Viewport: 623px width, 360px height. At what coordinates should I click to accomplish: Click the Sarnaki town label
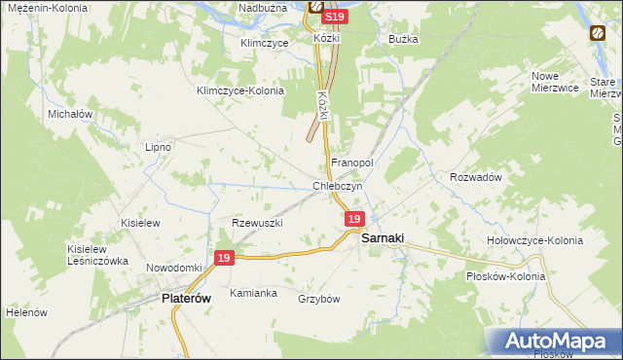click(383, 237)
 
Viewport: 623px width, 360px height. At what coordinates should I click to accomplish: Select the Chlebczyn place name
click(338, 186)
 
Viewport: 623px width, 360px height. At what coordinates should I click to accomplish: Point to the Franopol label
click(352, 162)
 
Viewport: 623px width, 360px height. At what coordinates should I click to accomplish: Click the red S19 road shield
click(334, 18)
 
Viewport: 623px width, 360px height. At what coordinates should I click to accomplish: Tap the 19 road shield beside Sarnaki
click(354, 221)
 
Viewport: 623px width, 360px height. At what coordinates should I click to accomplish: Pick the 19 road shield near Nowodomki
click(224, 258)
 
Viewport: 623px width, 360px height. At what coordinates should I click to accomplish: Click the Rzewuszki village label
click(257, 223)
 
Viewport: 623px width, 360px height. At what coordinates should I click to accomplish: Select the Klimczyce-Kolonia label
click(239, 90)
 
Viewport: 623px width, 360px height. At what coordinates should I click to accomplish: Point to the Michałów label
click(70, 114)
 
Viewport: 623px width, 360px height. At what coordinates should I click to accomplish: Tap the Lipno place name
click(158, 147)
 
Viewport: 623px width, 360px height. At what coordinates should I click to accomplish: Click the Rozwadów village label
click(475, 177)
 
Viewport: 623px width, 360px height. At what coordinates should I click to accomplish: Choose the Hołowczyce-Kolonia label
click(534, 240)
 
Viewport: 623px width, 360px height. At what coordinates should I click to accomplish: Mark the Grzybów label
click(318, 299)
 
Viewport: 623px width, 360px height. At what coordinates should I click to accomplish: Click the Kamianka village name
click(253, 293)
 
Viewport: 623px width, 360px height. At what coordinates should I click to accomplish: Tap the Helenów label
click(27, 312)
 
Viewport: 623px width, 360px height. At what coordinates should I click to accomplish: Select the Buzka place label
click(403, 39)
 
